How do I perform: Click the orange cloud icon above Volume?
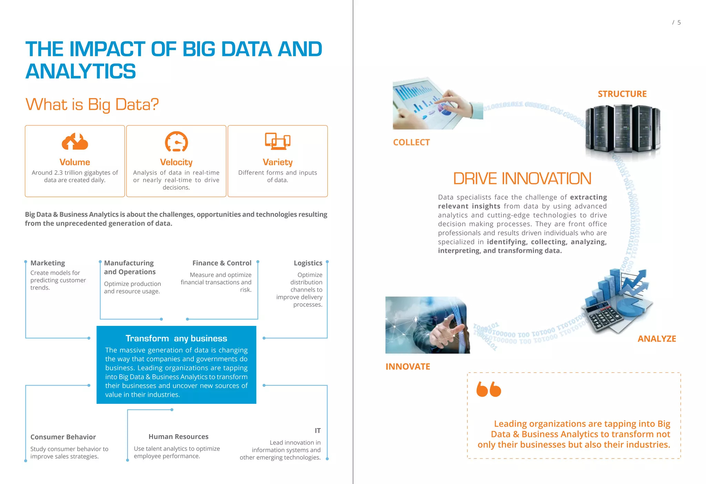click(x=75, y=142)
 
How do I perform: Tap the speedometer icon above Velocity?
click(x=176, y=142)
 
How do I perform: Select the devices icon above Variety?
click(x=278, y=141)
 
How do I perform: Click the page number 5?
click(x=679, y=22)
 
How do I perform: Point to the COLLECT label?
click(x=411, y=142)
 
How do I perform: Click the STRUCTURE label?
click(x=622, y=94)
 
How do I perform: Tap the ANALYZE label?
click(x=657, y=339)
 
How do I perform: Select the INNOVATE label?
click(x=408, y=367)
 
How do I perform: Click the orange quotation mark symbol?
click(x=488, y=389)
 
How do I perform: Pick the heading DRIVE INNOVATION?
click(x=522, y=178)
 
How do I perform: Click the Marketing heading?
click(x=48, y=263)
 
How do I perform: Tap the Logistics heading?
click(x=308, y=263)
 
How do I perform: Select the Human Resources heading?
click(x=178, y=437)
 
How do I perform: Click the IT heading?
click(x=317, y=430)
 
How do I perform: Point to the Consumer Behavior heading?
click(x=63, y=437)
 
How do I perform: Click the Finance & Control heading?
click(x=222, y=263)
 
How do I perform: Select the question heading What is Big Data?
click(x=92, y=105)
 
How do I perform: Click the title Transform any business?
click(x=176, y=338)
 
